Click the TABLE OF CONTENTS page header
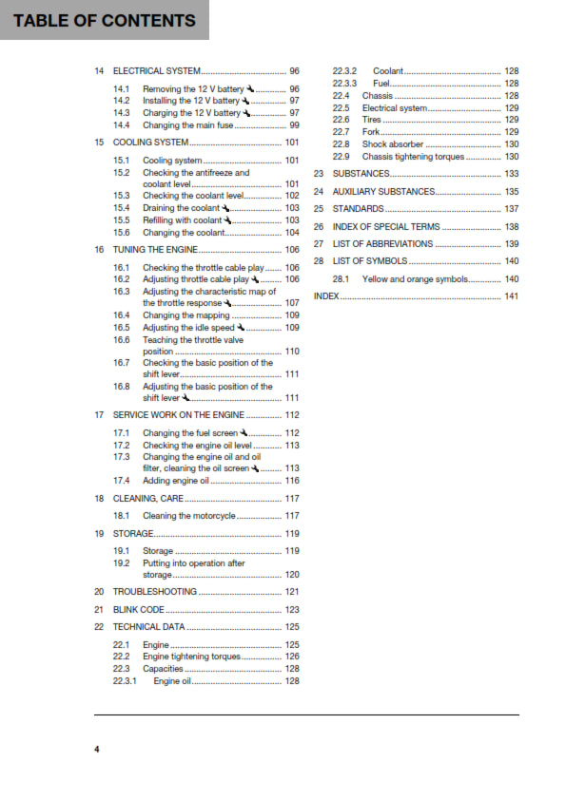[105, 21]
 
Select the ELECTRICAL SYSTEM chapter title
[157, 71]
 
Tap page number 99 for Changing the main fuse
[294, 124]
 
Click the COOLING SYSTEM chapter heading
[150, 143]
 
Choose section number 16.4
[121, 314]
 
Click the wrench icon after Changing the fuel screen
[244, 433]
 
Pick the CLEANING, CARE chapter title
[148, 498]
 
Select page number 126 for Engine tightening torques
[292, 657]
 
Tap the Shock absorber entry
[393, 143]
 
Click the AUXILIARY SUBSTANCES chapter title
[383, 191]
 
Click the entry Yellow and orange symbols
[416, 279]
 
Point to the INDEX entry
[326, 296]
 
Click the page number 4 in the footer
[96, 751]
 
